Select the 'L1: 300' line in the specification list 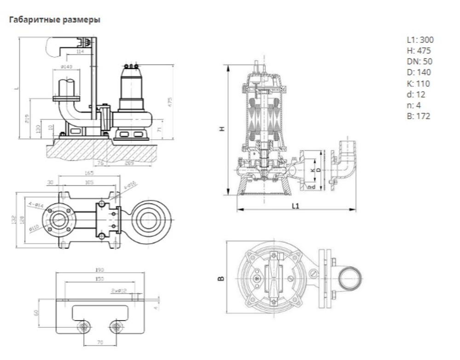(x=420, y=40)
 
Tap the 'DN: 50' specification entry (x=419, y=61)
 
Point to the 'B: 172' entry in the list (x=418, y=116)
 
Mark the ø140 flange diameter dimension (x=67, y=67)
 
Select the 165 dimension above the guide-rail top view (x=89, y=173)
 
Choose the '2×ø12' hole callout (x=119, y=291)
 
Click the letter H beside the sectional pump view (x=222, y=130)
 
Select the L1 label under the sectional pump (x=295, y=206)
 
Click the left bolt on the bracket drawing (x=84, y=327)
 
